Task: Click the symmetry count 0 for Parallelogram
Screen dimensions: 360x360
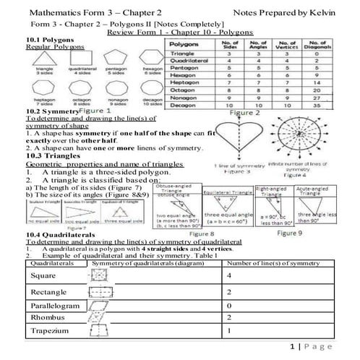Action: [x=229, y=306]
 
